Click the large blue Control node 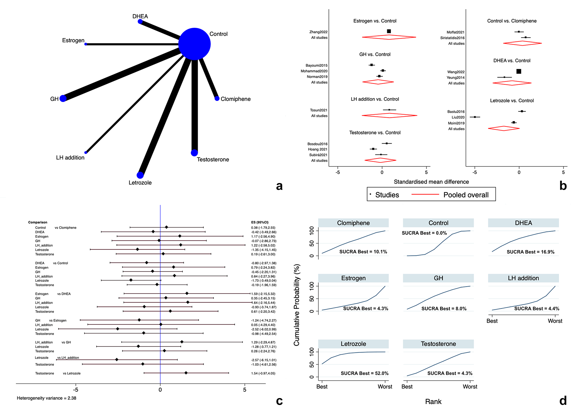pyautogui.click(x=195, y=44)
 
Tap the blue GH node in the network pyautogui.click(x=63, y=98)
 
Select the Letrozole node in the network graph pyautogui.click(x=140, y=175)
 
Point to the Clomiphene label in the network pyautogui.click(x=235, y=99)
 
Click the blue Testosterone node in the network pyautogui.click(x=194, y=153)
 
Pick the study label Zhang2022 pyautogui.click(x=318, y=32)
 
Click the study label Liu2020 pyautogui.click(x=458, y=117)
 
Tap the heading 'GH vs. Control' pyautogui.click(x=375, y=54)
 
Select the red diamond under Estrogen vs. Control pyautogui.click(x=389, y=37)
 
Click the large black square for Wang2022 pyautogui.click(x=519, y=71)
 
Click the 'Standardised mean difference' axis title pyautogui.click(x=431, y=182)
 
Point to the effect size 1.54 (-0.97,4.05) pyautogui.click(x=263, y=373)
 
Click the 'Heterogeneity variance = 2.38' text pyautogui.click(x=46, y=398)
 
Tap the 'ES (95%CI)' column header pyautogui.click(x=260, y=222)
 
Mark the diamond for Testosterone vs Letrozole pyautogui.click(x=186, y=373)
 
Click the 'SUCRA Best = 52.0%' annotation pyautogui.click(x=365, y=373)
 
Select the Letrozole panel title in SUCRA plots pyautogui.click(x=353, y=344)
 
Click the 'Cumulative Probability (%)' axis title pyautogui.click(x=297, y=305)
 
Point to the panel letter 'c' pyautogui.click(x=280, y=401)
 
